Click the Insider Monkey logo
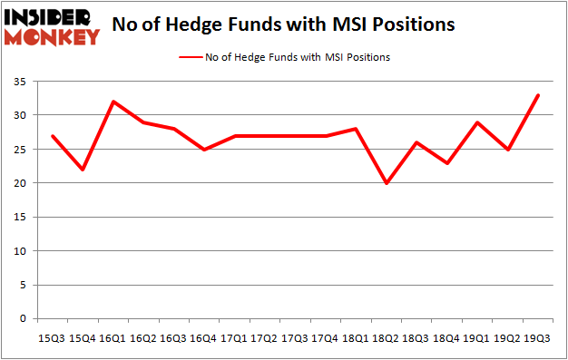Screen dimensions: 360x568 pyautogui.click(x=52, y=26)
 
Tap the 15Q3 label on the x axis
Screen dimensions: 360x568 pyautogui.click(x=52, y=336)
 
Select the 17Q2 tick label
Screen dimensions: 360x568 pyautogui.click(x=263, y=336)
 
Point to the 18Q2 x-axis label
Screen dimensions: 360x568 pyautogui.click(x=384, y=336)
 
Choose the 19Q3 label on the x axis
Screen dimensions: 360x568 pyautogui.click(x=535, y=336)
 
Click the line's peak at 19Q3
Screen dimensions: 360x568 pyautogui.click(x=537, y=95)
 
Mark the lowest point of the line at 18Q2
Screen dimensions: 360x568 pyautogui.click(x=386, y=183)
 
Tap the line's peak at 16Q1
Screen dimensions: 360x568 pyautogui.click(x=112, y=102)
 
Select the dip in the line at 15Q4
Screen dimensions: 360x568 pyautogui.click(x=82, y=170)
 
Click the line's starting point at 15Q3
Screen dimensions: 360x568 pyautogui.click(x=52, y=136)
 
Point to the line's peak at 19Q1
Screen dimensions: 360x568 pyautogui.click(x=476, y=122)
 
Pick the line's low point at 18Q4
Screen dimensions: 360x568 pyautogui.click(x=446, y=163)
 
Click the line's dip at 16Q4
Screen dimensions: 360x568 pyautogui.click(x=203, y=150)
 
